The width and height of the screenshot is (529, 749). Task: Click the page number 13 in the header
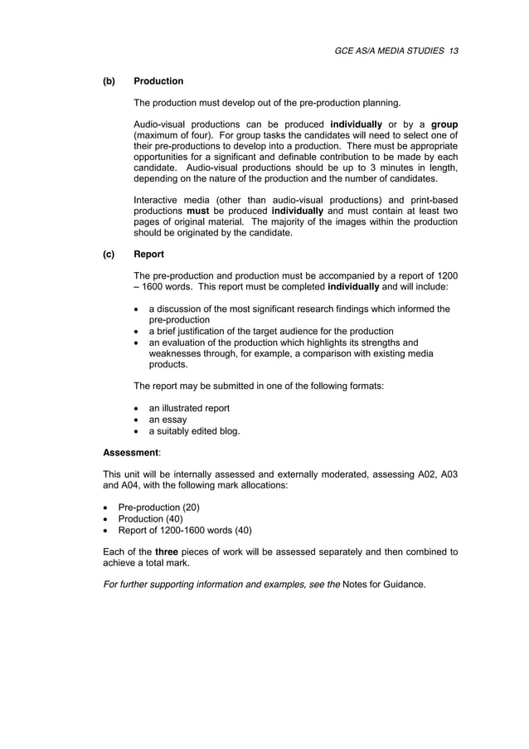(454, 51)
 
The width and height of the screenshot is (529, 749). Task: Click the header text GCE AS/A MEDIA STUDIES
(390, 51)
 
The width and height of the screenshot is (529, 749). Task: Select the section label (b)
(109, 81)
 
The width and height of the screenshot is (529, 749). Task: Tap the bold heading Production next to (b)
(158, 81)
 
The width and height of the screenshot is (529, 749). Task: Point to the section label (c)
(109, 254)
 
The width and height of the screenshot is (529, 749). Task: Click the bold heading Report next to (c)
(148, 254)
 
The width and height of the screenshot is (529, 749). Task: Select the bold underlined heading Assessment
(130, 453)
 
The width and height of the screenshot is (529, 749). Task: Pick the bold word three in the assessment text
(167, 552)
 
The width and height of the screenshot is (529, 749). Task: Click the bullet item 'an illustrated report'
(189, 408)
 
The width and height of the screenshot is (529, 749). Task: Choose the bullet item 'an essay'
(167, 420)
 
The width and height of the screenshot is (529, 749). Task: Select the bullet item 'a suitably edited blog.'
(194, 431)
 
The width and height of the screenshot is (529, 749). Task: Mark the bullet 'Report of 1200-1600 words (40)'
(185, 531)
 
